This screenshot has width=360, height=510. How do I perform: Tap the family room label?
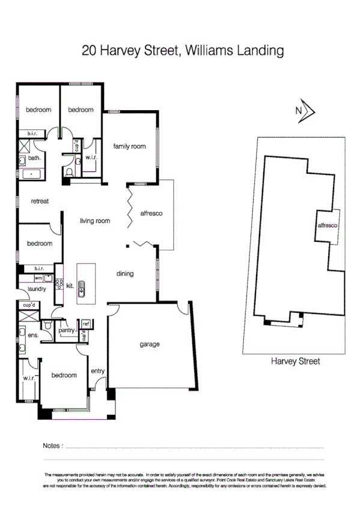point(130,146)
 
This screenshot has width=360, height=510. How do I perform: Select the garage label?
point(150,345)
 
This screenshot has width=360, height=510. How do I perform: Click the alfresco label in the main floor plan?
point(151,214)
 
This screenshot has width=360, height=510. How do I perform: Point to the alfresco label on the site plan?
point(328,224)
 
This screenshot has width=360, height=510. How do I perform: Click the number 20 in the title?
point(90,51)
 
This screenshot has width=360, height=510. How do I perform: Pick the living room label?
point(95,221)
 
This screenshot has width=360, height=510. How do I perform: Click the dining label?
point(124,274)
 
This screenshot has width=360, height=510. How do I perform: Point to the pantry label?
point(66,330)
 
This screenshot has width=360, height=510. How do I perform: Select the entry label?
point(97,371)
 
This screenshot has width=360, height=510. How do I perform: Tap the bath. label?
point(34,158)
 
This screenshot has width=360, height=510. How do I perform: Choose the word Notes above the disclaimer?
point(52,446)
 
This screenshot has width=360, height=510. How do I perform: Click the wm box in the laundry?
point(37,278)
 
